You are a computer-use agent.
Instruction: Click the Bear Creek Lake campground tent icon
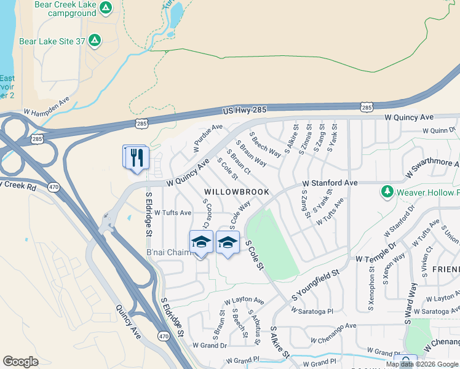coord(106,8)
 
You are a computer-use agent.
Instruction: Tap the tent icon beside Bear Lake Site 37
coord(95,41)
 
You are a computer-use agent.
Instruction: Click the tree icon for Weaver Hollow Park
coord(387,192)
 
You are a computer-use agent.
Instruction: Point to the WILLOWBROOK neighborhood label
coord(237,192)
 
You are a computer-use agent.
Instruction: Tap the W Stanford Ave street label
coord(330,183)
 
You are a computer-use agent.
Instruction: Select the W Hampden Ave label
coord(47,106)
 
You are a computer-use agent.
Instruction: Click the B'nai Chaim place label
coord(162,253)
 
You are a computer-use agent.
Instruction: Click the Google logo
coord(21,362)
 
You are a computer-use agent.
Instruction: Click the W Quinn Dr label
coord(438,130)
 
